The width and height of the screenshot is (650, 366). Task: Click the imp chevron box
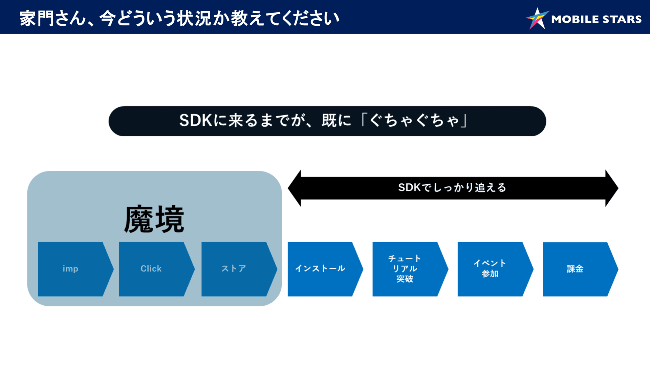[x=71, y=269]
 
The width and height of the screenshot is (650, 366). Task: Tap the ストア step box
[x=234, y=269]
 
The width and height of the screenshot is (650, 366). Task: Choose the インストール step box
[x=320, y=269]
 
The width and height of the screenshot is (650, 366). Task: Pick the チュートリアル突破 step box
[x=405, y=269]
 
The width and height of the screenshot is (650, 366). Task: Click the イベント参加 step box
[x=490, y=269]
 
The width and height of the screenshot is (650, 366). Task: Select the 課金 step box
[x=576, y=269]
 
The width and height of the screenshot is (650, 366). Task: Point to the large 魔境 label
[x=154, y=220]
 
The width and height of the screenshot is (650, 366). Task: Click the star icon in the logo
[x=537, y=19]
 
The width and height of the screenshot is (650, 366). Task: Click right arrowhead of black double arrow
[x=611, y=188]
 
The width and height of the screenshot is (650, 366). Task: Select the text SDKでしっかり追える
[x=452, y=187]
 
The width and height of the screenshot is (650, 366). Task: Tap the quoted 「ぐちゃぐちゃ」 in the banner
[x=414, y=121]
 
